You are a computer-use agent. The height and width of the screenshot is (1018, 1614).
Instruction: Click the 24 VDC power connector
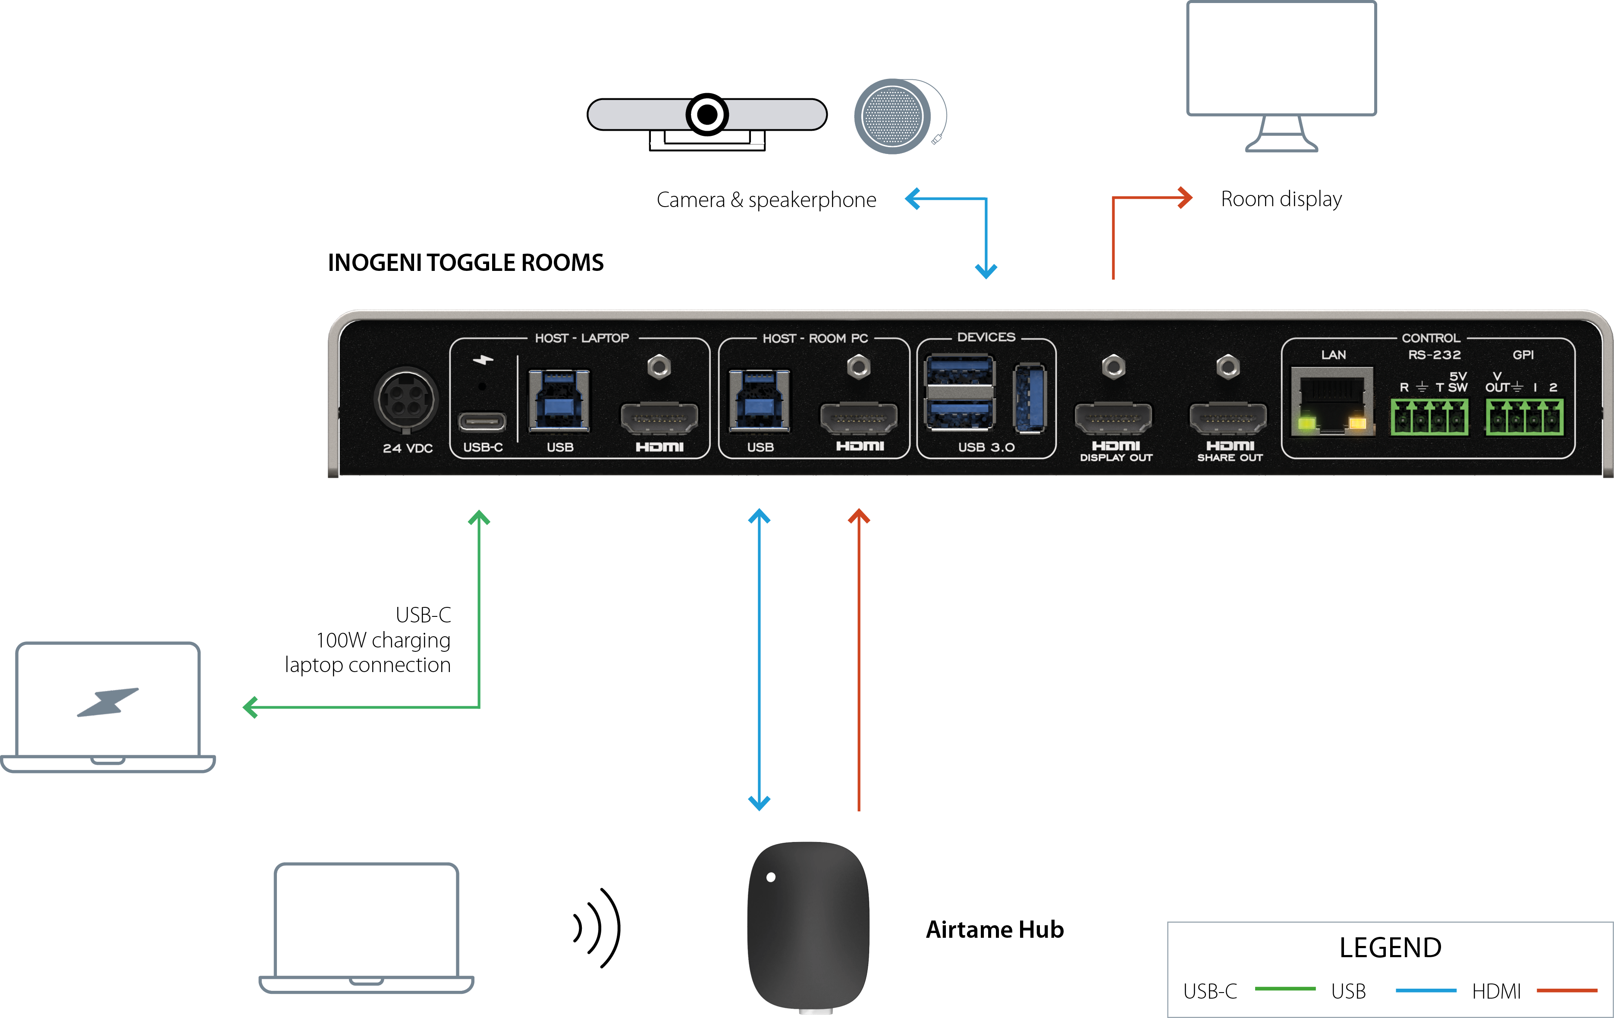tap(406, 400)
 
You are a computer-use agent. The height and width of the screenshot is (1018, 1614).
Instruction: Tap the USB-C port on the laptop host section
tap(482, 421)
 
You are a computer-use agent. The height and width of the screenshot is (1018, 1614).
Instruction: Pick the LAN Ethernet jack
tap(1332, 401)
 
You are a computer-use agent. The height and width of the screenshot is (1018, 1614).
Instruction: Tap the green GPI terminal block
tap(1524, 417)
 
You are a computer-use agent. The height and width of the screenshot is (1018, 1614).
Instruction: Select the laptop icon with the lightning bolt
tap(108, 707)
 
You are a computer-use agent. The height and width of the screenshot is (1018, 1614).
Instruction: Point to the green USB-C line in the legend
tap(1285, 989)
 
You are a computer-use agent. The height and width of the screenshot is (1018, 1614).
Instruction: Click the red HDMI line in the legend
tap(1567, 990)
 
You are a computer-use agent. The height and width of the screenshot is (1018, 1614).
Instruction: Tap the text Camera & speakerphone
tap(766, 200)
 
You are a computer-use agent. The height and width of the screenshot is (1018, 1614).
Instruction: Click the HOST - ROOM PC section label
tap(815, 339)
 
